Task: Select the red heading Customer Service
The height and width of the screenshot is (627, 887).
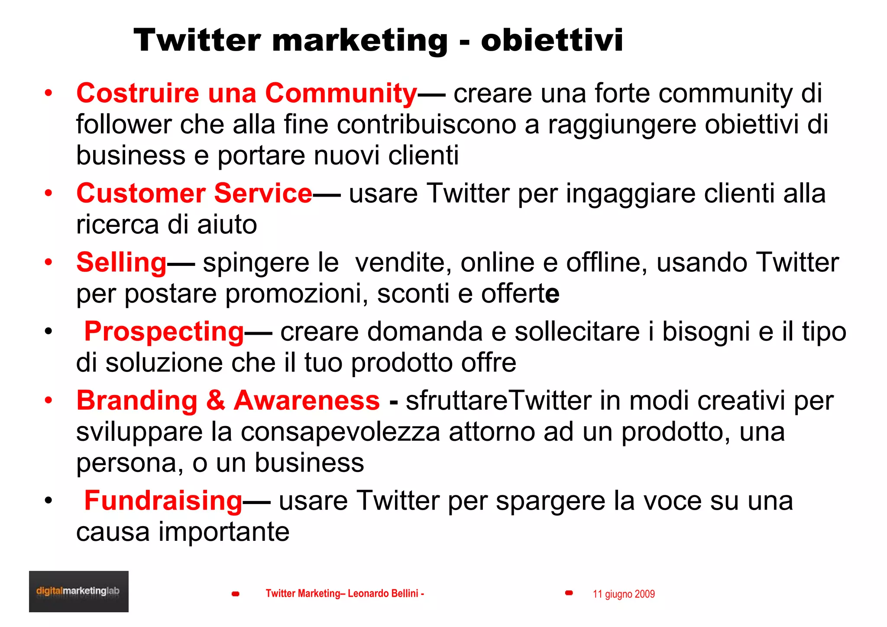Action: pos(194,193)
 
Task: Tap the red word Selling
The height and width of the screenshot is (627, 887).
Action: pos(121,262)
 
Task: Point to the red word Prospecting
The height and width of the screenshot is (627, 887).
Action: pos(164,332)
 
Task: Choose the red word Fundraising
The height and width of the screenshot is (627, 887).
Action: pos(163,501)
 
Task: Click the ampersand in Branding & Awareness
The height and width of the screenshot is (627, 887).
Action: pos(215,401)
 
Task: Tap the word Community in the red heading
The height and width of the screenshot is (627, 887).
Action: pos(341,94)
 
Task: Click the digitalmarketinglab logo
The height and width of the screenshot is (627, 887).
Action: pos(78,591)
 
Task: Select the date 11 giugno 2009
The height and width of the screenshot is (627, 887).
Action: pos(623,594)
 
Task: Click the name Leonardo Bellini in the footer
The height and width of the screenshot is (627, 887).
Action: pos(383,593)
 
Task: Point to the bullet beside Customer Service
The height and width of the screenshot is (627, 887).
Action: pos(49,193)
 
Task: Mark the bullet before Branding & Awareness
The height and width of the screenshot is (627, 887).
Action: pos(49,401)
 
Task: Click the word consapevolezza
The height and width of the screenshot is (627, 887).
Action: pos(340,432)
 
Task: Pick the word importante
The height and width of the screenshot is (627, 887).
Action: pos(224,532)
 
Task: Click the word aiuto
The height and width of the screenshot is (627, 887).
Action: pos(227,225)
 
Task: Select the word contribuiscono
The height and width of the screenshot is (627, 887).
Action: pos(426,125)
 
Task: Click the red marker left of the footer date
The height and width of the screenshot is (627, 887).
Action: pos(569,593)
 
